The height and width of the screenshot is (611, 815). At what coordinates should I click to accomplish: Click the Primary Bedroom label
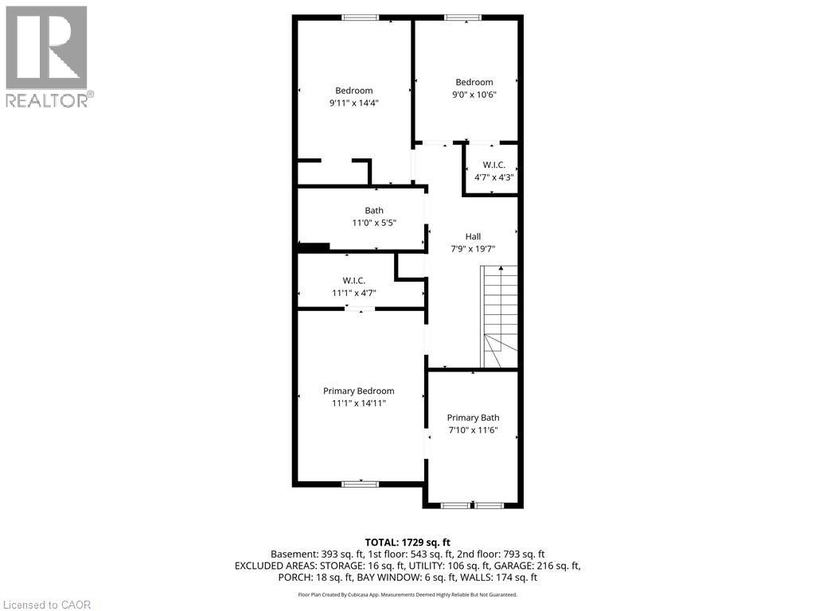pyautogui.click(x=358, y=391)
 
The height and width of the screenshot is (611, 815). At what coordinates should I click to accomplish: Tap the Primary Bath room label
pyautogui.click(x=473, y=418)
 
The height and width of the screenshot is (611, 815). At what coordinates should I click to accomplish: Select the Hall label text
pyautogui.click(x=473, y=236)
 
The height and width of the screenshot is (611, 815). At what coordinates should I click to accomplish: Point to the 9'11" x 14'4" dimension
pyautogui.click(x=353, y=103)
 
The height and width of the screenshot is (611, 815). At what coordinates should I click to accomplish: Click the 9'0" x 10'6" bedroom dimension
pyautogui.click(x=474, y=95)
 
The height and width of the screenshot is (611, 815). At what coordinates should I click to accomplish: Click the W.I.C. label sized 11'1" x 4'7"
pyautogui.click(x=353, y=280)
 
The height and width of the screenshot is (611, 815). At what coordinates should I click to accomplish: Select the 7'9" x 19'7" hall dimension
pyautogui.click(x=473, y=249)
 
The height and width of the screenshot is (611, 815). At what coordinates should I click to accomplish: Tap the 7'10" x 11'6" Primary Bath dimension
pyautogui.click(x=473, y=430)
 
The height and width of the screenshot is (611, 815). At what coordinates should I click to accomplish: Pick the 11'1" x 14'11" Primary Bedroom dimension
pyautogui.click(x=358, y=403)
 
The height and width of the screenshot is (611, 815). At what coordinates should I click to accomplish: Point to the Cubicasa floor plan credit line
pyautogui.click(x=407, y=594)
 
